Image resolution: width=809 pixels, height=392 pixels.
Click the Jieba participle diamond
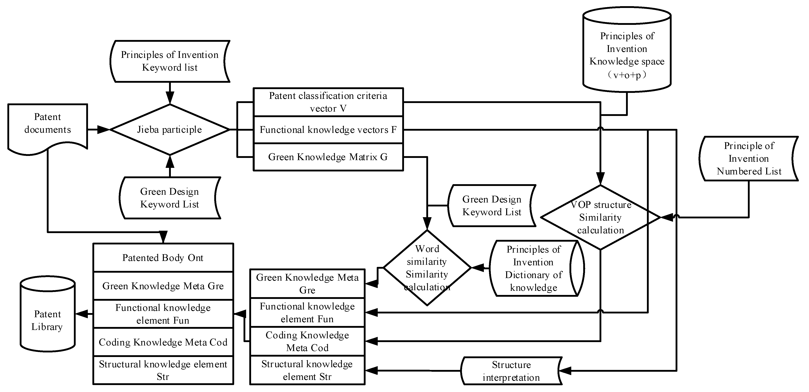click(x=170, y=129)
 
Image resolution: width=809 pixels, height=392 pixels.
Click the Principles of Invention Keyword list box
click(x=170, y=61)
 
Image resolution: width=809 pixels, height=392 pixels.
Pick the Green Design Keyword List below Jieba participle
click(x=170, y=198)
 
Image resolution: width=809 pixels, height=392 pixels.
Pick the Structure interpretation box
click(x=511, y=371)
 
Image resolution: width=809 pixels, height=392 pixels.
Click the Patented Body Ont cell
click(x=163, y=258)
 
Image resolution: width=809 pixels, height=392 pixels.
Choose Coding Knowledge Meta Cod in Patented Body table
click(x=163, y=342)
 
